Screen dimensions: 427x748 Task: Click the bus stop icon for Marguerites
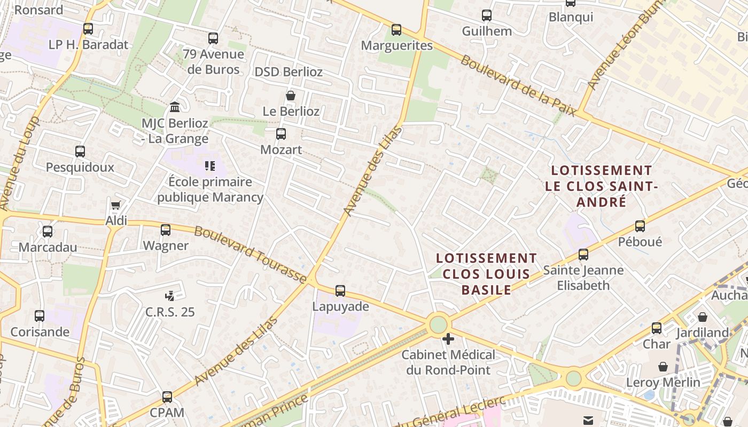coord(396,30)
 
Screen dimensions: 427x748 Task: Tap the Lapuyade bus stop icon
coord(340,291)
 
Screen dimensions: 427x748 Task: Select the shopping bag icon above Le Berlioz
coord(291,96)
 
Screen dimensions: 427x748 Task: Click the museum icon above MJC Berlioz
coord(174,107)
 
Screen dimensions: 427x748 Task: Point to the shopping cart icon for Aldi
coord(115,205)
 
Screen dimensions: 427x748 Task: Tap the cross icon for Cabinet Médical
coord(448,339)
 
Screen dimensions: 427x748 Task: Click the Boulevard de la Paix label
coord(518,85)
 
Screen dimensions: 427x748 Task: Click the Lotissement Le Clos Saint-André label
coord(601,186)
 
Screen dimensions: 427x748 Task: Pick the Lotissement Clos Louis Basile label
coord(486,274)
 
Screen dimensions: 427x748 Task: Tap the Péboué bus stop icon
coord(640,226)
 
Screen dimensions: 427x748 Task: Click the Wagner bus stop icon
coord(166,230)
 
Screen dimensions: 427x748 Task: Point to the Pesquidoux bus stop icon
coord(80,152)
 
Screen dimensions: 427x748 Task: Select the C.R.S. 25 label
coord(170,312)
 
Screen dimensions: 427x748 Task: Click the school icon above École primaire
coord(210,166)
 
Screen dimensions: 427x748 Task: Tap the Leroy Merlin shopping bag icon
coord(663,367)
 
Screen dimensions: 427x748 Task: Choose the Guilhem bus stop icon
coord(487,15)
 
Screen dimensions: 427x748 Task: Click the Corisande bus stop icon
coord(40,316)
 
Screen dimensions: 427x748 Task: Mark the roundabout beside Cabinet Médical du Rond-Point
coord(438,324)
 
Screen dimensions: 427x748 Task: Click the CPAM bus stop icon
coord(167,397)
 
